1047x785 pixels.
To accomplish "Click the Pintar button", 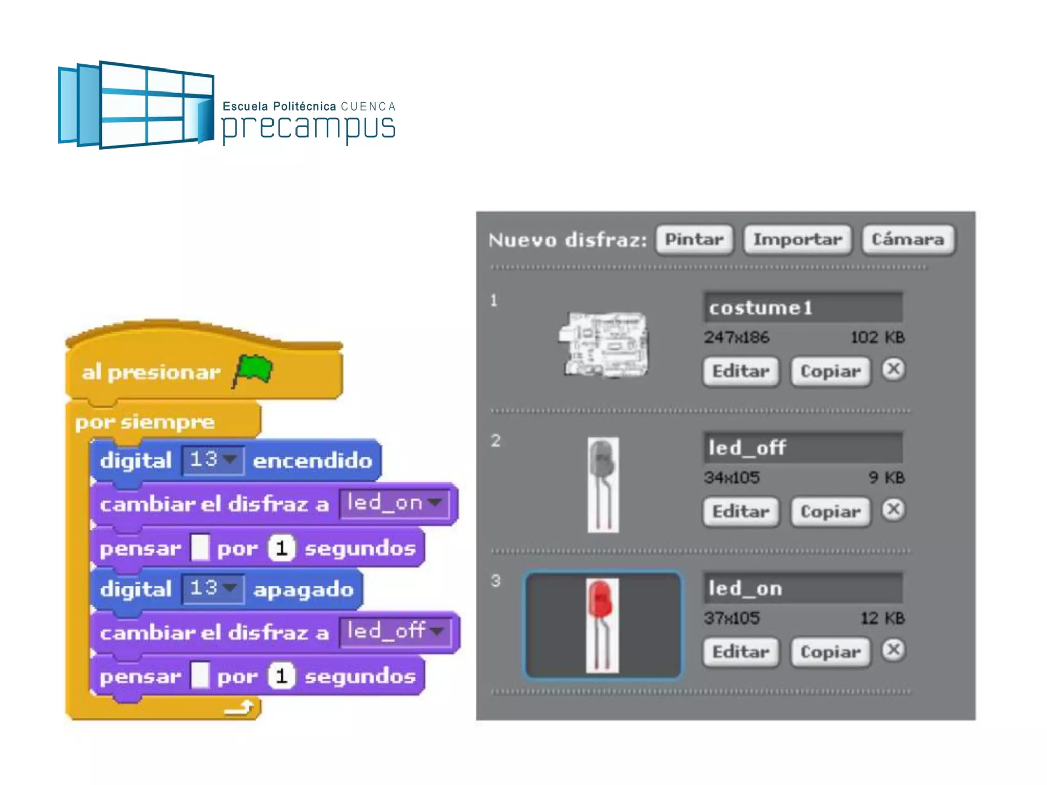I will point(694,239).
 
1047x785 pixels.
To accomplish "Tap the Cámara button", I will point(907,239).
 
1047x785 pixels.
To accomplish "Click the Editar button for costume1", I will point(740,371).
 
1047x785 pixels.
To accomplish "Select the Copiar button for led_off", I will point(830,512).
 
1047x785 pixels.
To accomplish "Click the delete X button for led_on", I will point(893,650).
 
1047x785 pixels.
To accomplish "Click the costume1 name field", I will point(803,308).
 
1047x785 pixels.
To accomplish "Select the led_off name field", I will point(803,448).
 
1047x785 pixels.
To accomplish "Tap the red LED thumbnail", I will point(602,625).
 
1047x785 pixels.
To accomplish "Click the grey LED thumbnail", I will point(603,484).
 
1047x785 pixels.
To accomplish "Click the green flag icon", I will point(254,370).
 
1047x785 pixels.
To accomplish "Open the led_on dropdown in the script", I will point(394,504).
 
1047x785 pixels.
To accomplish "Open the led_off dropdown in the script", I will point(395,632).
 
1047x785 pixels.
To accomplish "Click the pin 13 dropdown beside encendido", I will point(213,460).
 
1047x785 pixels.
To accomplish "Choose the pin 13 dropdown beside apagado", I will point(213,589).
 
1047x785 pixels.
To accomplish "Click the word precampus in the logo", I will point(308,127).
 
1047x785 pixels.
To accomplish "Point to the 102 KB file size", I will point(877,337).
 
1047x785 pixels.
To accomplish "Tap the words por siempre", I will point(145,422).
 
